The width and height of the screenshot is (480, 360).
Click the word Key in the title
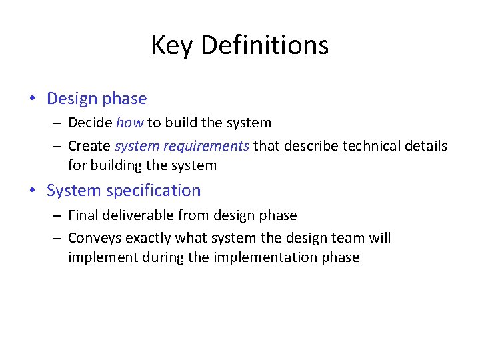point(172,46)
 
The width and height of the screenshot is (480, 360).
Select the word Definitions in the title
point(265,45)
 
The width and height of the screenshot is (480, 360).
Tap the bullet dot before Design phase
point(33,99)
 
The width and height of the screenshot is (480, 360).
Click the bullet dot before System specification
point(33,191)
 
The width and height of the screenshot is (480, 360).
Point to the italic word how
point(130,123)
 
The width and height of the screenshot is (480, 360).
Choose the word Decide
point(90,123)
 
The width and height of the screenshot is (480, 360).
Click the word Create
point(89,145)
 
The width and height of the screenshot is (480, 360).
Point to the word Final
point(82,215)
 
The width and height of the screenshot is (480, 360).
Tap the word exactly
point(146,238)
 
